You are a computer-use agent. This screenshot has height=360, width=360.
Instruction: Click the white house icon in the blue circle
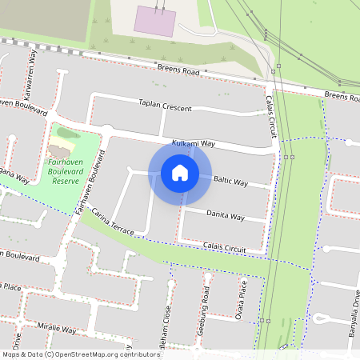(180, 172)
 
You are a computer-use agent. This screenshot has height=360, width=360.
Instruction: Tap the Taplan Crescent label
(164, 105)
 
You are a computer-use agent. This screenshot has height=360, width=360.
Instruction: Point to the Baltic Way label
(230, 183)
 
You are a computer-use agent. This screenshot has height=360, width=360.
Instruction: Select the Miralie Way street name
(54, 330)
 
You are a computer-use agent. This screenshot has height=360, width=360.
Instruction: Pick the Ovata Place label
(243, 298)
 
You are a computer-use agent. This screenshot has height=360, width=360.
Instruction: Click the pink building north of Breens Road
(154, 22)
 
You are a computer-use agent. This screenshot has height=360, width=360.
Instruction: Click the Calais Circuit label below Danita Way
(224, 246)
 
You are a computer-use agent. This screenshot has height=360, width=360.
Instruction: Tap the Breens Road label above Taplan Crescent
(178, 71)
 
